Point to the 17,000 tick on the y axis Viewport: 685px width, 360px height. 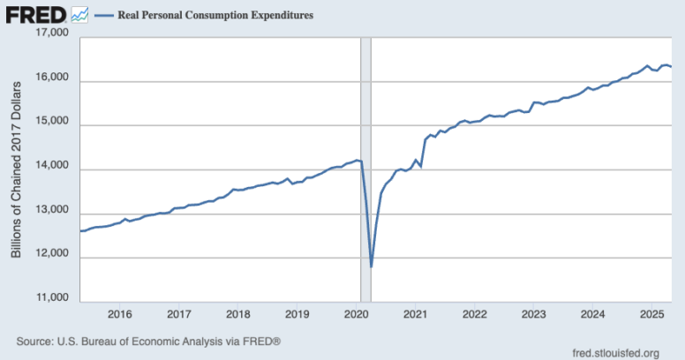51,34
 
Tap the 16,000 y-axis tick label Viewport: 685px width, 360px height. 51,79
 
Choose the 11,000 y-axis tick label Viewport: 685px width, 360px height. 51,299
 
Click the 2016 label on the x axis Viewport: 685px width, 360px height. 119,314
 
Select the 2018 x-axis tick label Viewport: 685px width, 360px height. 237,314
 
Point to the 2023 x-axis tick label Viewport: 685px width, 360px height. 533,314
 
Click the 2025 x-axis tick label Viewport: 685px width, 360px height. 651,314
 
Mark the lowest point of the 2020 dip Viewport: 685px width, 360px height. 372,266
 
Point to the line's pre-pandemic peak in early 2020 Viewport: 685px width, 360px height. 357,160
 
